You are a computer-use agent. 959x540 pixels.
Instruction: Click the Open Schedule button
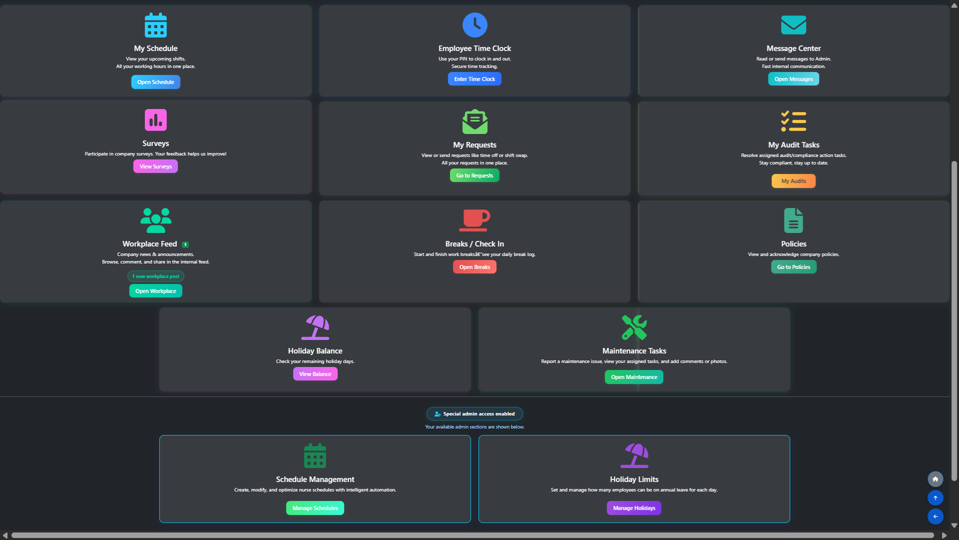pos(156,82)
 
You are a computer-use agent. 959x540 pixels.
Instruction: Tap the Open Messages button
pos(793,79)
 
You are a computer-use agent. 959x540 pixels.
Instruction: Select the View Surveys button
pos(155,166)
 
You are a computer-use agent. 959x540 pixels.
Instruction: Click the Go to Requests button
pos(475,175)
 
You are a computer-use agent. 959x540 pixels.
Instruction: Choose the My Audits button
pos(793,181)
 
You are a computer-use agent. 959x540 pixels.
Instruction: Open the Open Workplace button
pos(156,291)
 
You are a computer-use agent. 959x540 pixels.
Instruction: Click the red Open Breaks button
pos(475,267)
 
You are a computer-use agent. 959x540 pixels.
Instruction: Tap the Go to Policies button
pos(793,267)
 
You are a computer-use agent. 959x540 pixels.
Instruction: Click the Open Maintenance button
pos(634,377)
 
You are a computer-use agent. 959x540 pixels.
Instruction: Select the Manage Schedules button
pos(315,508)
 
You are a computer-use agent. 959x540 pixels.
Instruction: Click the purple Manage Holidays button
pos(634,508)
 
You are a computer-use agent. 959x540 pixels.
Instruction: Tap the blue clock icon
pos(475,25)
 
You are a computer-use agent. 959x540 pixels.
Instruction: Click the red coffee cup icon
pos(475,220)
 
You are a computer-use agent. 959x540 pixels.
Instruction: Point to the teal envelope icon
pos(793,25)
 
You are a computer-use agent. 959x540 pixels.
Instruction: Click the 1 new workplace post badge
pos(156,276)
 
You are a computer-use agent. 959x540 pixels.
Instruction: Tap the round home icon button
pos(935,479)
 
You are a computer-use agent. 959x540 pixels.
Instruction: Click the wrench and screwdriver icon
pos(634,327)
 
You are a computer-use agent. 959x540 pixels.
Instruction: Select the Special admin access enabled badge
pos(475,414)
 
